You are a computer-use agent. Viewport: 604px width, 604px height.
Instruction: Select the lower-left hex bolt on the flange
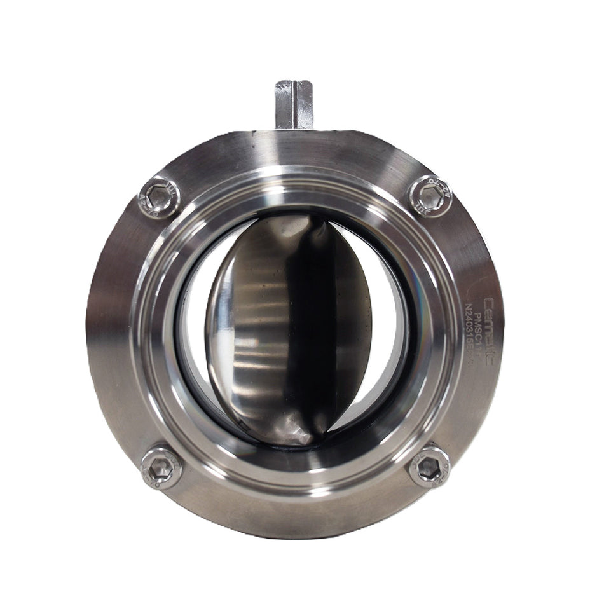[161, 467]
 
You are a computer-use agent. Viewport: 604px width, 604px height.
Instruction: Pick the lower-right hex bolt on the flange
[430, 467]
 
